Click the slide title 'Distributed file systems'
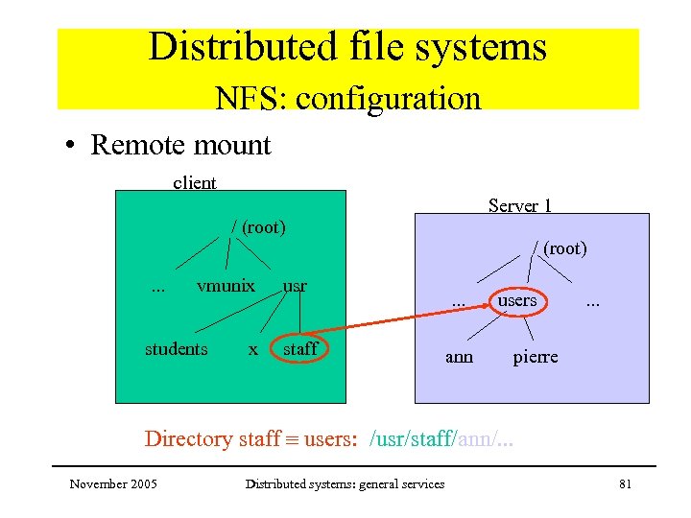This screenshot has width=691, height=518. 346,47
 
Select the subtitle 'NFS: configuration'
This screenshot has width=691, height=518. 346,98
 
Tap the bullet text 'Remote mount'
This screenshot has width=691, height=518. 180,145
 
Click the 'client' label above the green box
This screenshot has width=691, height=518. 194,182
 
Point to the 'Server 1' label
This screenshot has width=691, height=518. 519,205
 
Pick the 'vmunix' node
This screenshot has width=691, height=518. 226,285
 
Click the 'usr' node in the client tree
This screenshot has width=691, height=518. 295,285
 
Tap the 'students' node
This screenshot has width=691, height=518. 176,349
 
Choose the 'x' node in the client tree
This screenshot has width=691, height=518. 252,349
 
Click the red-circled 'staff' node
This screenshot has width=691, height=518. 299,348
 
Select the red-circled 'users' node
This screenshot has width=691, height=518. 516,300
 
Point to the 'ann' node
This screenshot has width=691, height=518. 459,357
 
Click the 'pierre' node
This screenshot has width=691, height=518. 535,357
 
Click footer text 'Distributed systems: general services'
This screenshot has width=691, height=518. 345,484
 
